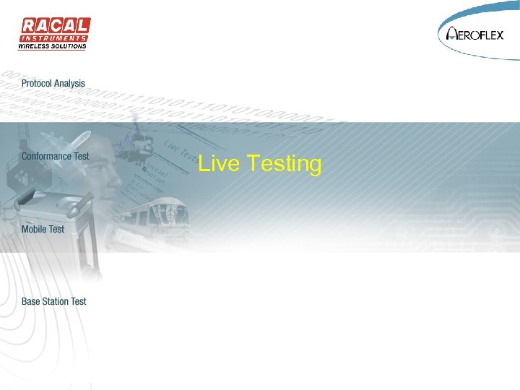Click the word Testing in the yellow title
284,165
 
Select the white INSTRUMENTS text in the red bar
54,38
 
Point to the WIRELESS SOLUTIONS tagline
52,46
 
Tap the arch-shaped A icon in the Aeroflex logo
452,33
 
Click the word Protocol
37,84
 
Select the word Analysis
69,84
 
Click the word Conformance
46,156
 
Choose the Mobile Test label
43,229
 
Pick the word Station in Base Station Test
56,301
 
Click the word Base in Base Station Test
30,301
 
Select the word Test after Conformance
81,156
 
